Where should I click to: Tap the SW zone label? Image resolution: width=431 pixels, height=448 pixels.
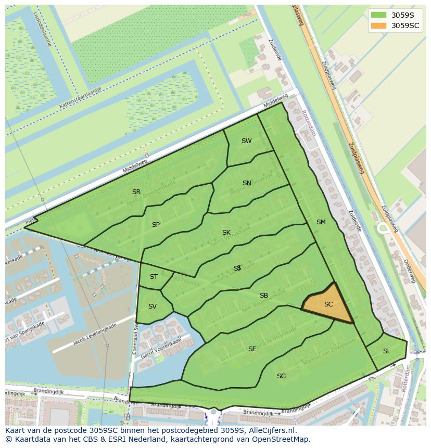pyautogui.click(x=246, y=141)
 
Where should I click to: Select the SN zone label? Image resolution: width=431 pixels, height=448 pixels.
pyautogui.click(x=247, y=183)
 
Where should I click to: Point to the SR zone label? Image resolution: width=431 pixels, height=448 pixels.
pyautogui.click(x=136, y=192)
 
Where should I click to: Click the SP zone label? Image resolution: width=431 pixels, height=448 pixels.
pyautogui.click(x=156, y=225)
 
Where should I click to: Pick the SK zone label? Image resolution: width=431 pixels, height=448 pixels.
pyautogui.click(x=226, y=233)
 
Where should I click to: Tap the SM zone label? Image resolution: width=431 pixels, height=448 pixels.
pyautogui.click(x=321, y=222)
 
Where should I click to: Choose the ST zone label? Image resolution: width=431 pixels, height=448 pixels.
pyautogui.click(x=154, y=277)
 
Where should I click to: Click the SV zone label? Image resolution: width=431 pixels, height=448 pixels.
pyautogui.click(x=152, y=306)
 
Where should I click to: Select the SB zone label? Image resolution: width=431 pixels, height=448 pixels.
pyautogui.click(x=263, y=296)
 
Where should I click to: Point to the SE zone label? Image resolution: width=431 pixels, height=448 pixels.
pyautogui.click(x=252, y=349)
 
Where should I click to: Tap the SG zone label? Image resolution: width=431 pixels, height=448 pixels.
pyautogui.click(x=281, y=376)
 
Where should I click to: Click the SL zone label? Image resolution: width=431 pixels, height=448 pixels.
pyautogui.click(x=386, y=351)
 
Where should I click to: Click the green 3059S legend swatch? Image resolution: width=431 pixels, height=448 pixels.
pyautogui.click(x=379, y=15)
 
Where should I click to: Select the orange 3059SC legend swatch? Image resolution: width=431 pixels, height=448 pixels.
pyautogui.click(x=379, y=25)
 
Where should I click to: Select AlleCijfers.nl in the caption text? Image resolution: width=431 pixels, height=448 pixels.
pyautogui.click(x=271, y=430)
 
